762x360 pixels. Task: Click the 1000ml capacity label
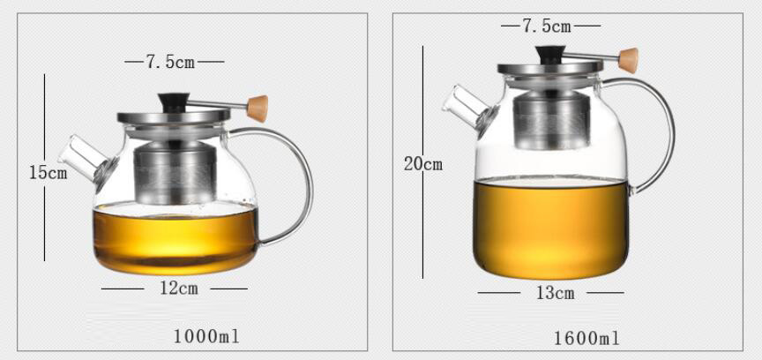[206, 336]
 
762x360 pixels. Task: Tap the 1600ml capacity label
[586, 338]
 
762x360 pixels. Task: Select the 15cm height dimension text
[48, 172]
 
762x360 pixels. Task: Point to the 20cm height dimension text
[423, 164]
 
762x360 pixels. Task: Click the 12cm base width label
[179, 289]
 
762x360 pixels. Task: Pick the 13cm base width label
[555, 293]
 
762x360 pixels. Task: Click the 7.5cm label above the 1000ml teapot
[170, 62]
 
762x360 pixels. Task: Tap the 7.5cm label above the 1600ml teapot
[547, 26]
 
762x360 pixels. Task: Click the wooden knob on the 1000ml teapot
[258, 108]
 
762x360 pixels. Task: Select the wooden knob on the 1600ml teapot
[628, 60]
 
